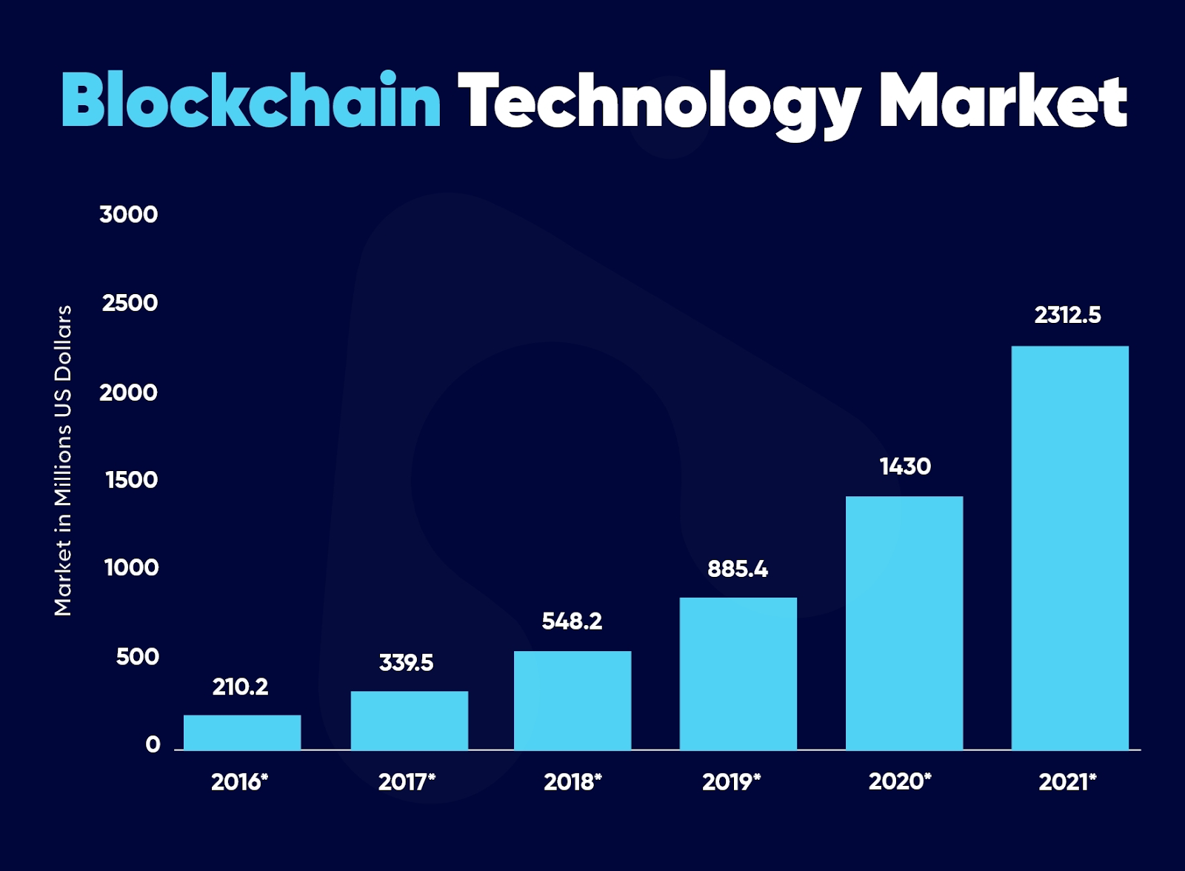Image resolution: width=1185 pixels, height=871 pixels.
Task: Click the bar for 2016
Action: (x=242, y=732)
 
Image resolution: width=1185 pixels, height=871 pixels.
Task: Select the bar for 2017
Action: (x=409, y=720)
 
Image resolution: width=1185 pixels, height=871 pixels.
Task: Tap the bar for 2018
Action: (x=573, y=700)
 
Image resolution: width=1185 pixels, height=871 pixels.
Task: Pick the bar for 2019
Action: (x=738, y=673)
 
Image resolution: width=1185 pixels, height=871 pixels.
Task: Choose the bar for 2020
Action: (x=904, y=622)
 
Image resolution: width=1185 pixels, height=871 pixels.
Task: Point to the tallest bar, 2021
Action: (x=1070, y=547)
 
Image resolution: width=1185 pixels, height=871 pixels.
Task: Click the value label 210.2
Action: (x=240, y=687)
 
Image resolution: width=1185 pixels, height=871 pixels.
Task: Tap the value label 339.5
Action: (x=406, y=662)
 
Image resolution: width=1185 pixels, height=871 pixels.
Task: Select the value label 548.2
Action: (x=572, y=621)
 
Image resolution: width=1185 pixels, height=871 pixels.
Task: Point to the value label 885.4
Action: (x=738, y=569)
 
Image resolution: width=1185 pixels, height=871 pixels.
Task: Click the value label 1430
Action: (x=905, y=467)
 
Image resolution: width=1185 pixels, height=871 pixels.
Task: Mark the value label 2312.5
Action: (x=1067, y=316)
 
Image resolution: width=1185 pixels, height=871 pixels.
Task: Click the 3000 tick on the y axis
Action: (x=129, y=215)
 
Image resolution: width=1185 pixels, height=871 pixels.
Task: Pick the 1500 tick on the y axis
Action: (x=132, y=480)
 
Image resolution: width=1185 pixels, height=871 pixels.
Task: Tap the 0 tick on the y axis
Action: (x=153, y=744)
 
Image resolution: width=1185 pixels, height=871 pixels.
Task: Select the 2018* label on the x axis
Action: (x=573, y=782)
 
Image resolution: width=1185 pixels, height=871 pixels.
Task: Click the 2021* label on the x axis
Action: (x=1067, y=782)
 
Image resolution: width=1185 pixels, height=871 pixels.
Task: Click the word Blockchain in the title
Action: (x=251, y=101)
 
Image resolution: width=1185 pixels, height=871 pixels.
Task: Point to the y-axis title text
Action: (x=63, y=460)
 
